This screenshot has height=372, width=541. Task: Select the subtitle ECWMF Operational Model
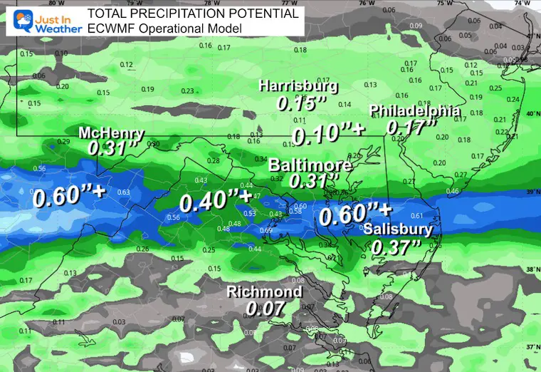tap(164, 28)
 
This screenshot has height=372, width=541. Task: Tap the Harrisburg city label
tap(298, 86)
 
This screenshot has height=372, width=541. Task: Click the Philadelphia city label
tap(414, 111)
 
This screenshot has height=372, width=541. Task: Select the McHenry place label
tap(112, 133)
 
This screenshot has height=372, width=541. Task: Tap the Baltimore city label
tap(310, 165)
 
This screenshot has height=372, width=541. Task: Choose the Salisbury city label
tap(397, 229)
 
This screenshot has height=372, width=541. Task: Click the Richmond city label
tap(264, 292)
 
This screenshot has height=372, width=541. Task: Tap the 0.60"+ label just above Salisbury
tap(355, 212)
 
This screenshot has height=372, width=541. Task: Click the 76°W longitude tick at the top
tap(367, 4)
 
